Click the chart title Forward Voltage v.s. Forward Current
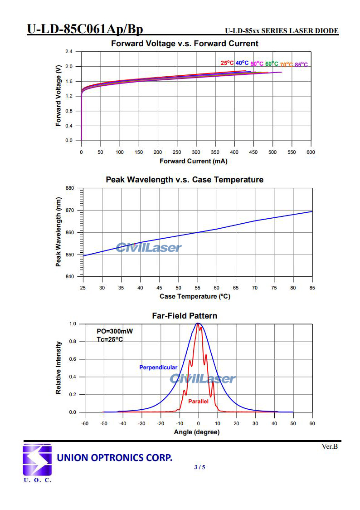coord(185,44)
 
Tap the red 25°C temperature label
coord(227,63)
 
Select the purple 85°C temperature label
coord(301,65)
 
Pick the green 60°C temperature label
coord(272,64)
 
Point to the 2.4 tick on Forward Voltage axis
coord(69,52)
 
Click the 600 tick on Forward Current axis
coord(311,152)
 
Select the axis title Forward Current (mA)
coord(194,161)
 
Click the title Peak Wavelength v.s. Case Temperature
coord(185,180)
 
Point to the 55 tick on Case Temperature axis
coord(198,288)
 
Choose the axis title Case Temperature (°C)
coord(195,296)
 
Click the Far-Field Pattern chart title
coord(184,316)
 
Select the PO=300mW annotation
coord(115,331)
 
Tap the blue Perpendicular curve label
coord(158,367)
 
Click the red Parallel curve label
coord(198,402)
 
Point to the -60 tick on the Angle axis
coord(84,423)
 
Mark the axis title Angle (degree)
coord(197,432)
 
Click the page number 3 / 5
coord(199,467)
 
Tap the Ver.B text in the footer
coord(330,446)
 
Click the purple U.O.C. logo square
coord(37,460)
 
